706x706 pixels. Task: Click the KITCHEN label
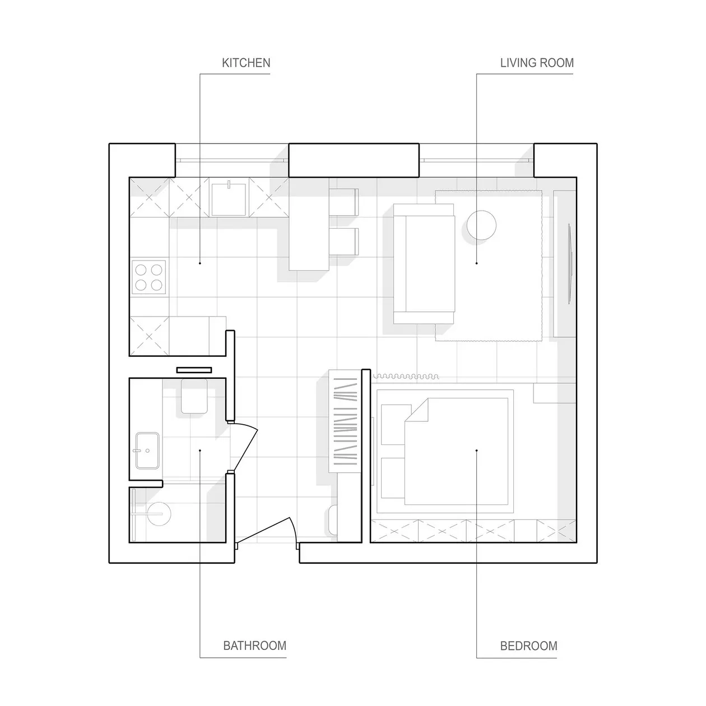[246, 63]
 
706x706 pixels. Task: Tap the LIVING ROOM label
[537, 63]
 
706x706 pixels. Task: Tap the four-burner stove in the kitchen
[148, 277]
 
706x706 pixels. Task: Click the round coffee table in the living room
[481, 225]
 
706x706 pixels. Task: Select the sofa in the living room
[424, 264]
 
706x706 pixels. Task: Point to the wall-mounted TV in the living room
[570, 264]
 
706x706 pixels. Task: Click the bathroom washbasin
[147, 450]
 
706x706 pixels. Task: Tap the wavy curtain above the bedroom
[406, 377]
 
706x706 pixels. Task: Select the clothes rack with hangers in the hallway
[345, 421]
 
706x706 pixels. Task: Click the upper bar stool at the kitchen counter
[343, 202]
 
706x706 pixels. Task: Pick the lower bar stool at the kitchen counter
[343, 241]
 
